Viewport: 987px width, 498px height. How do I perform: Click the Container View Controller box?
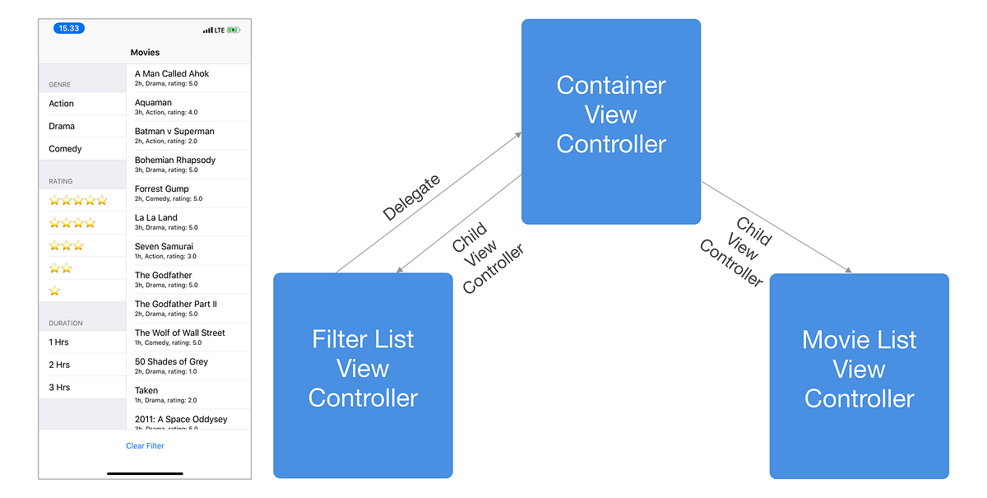[610, 121]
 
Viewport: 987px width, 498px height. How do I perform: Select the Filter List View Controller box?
[363, 375]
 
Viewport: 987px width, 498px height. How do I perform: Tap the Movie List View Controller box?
[859, 375]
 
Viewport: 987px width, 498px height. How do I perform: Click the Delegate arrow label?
[411, 198]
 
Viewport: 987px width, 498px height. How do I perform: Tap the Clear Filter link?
[145, 446]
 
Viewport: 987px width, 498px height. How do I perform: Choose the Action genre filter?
[62, 104]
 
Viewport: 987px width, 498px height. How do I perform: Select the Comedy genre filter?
[65, 149]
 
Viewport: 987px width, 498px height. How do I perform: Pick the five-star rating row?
[78, 200]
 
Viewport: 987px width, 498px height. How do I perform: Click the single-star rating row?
[55, 291]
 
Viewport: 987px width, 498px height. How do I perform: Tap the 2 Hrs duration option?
[59, 365]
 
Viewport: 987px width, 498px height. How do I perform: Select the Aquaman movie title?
[154, 103]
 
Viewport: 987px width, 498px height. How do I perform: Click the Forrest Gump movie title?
[162, 189]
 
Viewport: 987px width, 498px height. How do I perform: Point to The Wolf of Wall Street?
[180, 333]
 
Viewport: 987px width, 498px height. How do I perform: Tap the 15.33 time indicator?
[69, 28]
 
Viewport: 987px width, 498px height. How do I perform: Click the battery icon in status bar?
[234, 30]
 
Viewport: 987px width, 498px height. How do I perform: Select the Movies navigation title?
[145, 53]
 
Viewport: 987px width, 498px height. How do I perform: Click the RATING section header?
[61, 181]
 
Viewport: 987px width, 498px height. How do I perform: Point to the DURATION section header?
[66, 323]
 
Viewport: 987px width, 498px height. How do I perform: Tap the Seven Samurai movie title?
[164, 247]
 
